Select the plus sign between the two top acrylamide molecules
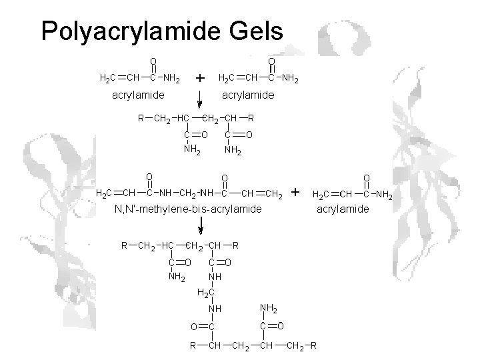point(199,79)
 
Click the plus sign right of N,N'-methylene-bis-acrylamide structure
point(296,193)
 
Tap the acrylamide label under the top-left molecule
point(137,96)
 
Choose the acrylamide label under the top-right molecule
point(247,96)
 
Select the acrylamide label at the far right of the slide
point(343,209)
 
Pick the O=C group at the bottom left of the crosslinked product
point(202,327)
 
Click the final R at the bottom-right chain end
point(313,345)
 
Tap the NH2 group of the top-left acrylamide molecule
point(172,79)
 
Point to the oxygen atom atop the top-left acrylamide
point(153,61)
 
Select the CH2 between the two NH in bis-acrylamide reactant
point(189,194)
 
